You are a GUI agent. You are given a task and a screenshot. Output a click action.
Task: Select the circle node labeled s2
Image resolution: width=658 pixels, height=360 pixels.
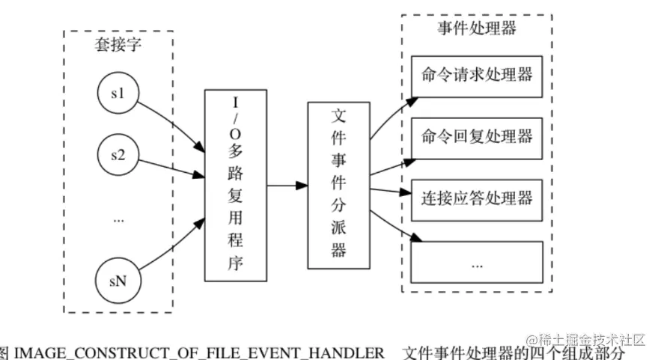point(118,156)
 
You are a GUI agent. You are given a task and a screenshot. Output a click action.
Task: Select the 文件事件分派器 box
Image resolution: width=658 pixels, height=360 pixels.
point(338,184)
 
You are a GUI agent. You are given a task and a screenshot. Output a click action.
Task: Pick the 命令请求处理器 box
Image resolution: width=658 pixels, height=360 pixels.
point(477,75)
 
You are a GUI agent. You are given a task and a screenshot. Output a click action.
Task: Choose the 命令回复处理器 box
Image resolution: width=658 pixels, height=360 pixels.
point(477,137)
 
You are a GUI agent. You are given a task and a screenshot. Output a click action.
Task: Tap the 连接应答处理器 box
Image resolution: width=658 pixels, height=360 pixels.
point(477,198)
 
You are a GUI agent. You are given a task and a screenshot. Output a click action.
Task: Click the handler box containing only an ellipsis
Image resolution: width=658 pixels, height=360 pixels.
point(477,262)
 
